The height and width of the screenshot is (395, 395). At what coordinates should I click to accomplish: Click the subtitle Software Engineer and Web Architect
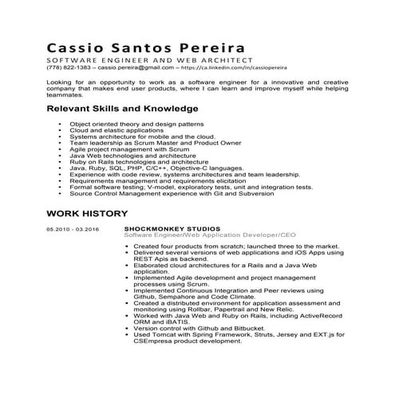tap(149, 60)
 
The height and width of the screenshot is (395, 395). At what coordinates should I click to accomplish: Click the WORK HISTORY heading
tap(86, 213)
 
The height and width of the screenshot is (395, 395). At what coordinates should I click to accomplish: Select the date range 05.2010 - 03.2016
tap(73, 230)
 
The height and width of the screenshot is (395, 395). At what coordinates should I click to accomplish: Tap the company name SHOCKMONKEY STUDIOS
tap(172, 230)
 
